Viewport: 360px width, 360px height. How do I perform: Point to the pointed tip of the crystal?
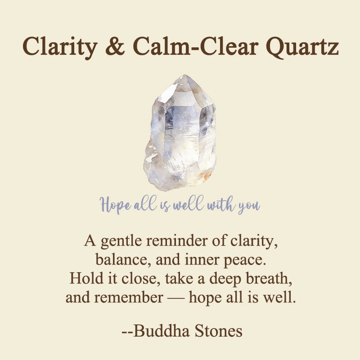point(185,78)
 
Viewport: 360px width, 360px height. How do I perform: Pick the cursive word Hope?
point(114,204)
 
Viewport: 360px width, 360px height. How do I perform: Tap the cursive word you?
point(248,205)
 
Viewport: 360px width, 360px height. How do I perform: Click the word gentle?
point(118,241)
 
